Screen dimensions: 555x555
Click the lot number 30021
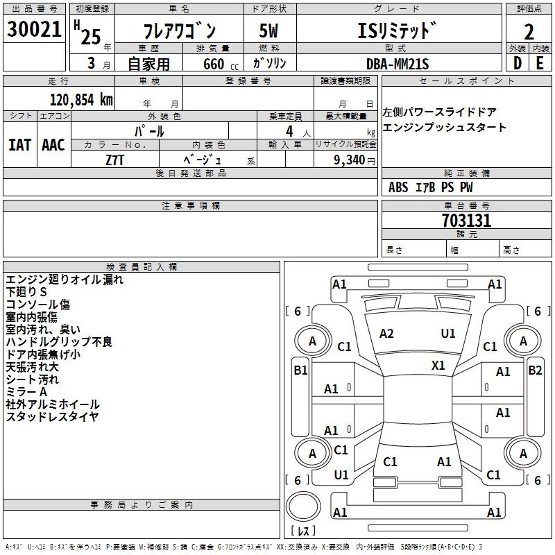[x=34, y=29]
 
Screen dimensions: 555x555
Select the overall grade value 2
[x=529, y=32]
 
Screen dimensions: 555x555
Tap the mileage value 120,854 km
[x=81, y=100]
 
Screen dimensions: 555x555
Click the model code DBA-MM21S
[x=398, y=64]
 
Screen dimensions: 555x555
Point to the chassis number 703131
[x=466, y=221]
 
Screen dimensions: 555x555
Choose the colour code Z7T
[x=114, y=160]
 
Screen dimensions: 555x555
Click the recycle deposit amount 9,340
[x=350, y=160]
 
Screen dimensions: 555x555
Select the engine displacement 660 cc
[x=221, y=64]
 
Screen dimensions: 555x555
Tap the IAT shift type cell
[x=20, y=145]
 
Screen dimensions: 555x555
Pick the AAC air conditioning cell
[x=53, y=145]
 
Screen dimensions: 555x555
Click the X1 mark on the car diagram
[x=438, y=366]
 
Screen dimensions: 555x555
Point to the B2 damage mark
[x=535, y=370]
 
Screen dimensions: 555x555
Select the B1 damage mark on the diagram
[x=300, y=370]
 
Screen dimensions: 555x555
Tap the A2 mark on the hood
[x=386, y=334]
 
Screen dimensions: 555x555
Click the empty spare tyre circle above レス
[x=303, y=506]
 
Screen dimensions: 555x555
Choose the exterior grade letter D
[x=518, y=63]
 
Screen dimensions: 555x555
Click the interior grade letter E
[x=540, y=63]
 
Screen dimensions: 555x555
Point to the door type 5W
[x=268, y=31]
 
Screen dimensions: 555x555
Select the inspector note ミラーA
[x=26, y=392]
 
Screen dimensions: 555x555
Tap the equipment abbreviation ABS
[x=398, y=187]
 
